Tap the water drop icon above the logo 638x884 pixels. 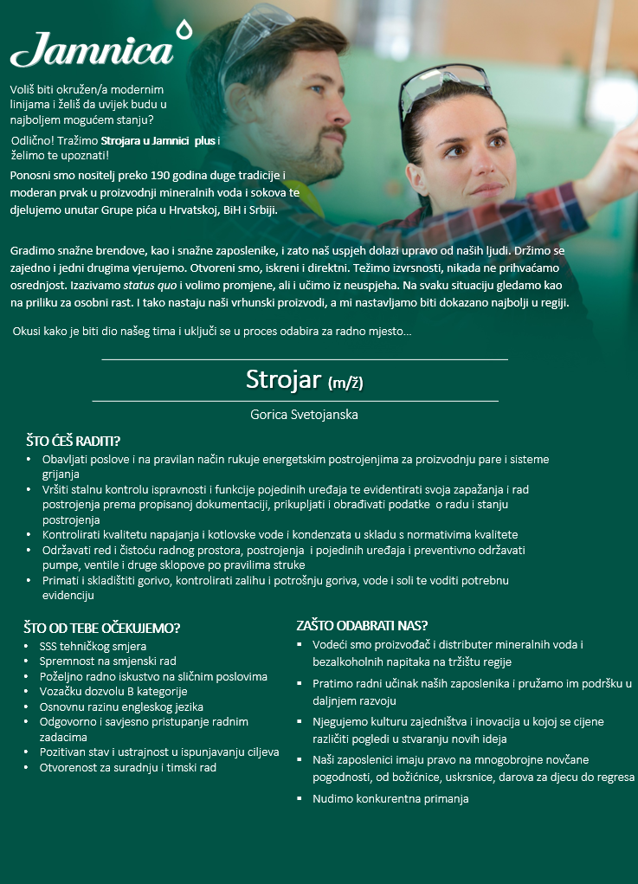click(183, 29)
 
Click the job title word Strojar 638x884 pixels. click(282, 379)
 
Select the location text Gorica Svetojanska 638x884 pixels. click(304, 415)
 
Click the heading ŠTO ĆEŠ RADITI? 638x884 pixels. click(73, 441)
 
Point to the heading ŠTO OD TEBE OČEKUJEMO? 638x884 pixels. click(102, 628)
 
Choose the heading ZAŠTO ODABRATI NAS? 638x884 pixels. click(362, 624)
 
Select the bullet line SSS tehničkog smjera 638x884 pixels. click(93, 646)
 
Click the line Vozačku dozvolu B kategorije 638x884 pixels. click(113, 691)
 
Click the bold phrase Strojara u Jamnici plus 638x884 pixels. click(158, 140)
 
